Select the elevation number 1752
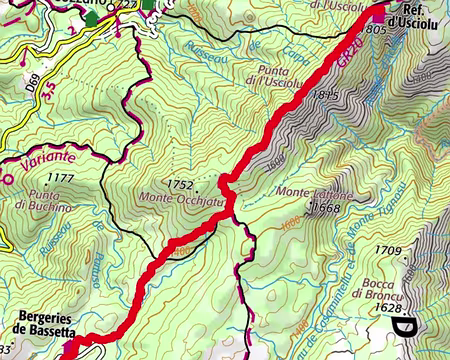click(x=179, y=184)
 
